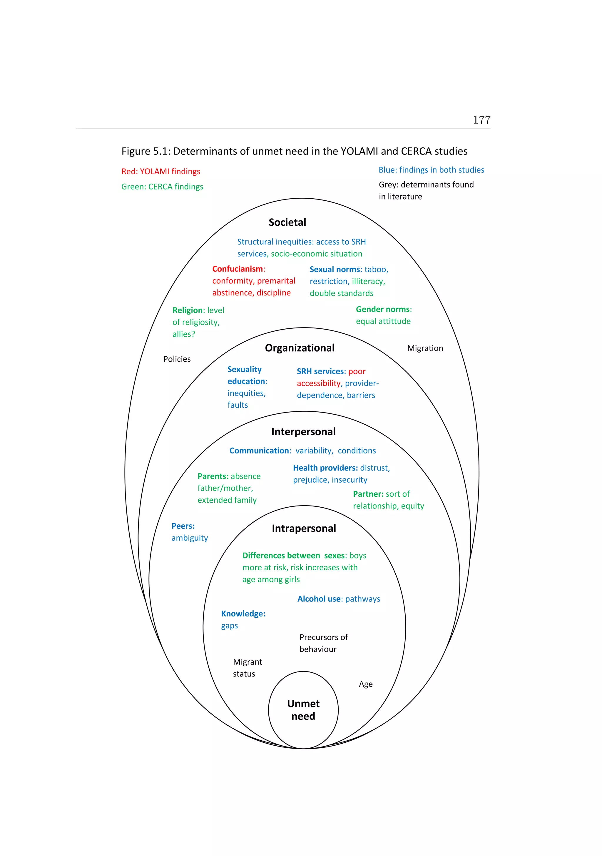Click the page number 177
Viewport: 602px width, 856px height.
click(481, 120)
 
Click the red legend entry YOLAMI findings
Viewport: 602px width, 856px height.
click(160, 172)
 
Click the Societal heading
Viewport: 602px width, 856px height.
click(287, 222)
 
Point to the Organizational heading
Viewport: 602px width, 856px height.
click(300, 348)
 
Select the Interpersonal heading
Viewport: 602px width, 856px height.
click(303, 432)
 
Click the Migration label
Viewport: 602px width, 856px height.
click(425, 348)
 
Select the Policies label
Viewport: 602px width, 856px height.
click(177, 359)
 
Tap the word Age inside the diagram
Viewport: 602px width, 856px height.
click(365, 684)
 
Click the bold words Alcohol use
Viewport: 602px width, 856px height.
click(319, 599)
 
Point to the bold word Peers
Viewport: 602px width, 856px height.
click(183, 526)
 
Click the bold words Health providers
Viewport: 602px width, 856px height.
click(325, 468)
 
